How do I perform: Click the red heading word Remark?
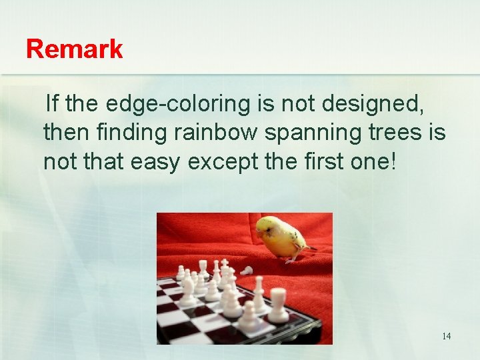74,49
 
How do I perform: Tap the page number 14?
446,336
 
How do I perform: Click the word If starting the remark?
52,104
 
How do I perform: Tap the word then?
65,133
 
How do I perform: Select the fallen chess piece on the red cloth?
247,270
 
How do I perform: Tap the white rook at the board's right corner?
277,303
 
